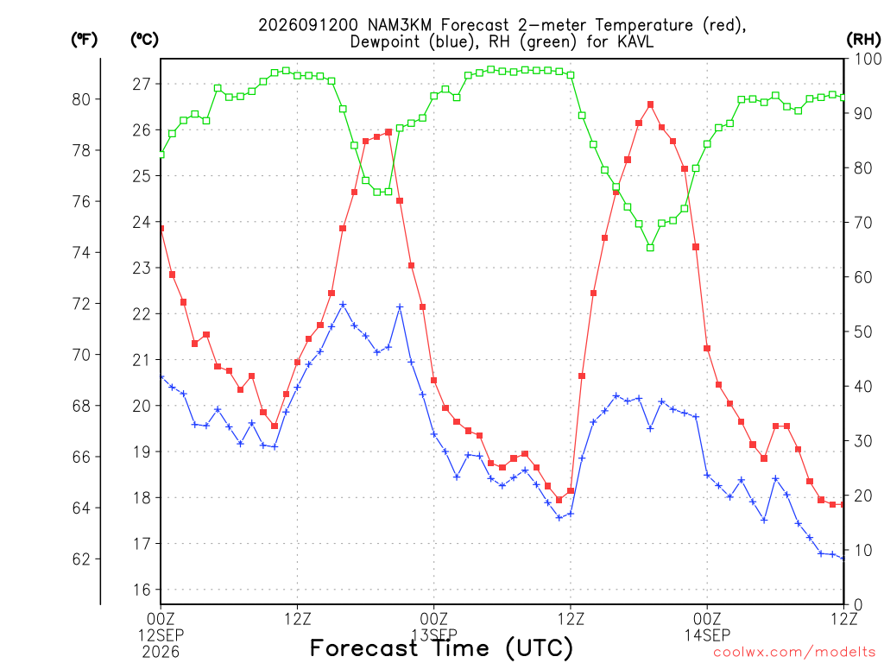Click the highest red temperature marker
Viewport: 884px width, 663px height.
pyautogui.click(x=651, y=104)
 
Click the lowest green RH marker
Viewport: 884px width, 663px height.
pyautogui.click(x=651, y=248)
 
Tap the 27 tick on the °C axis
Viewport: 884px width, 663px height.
pyautogui.click(x=142, y=84)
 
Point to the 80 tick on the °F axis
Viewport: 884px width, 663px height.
pyautogui.click(x=81, y=99)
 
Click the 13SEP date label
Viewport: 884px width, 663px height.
pyautogui.click(x=434, y=635)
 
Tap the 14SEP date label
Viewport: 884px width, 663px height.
pyautogui.click(x=708, y=635)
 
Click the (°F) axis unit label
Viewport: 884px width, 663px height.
pyautogui.click(x=84, y=40)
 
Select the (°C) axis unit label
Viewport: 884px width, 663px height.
pyautogui.click(x=144, y=40)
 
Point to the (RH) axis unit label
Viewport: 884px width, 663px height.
pyautogui.click(x=863, y=40)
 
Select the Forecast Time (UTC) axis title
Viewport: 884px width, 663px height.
pyautogui.click(x=441, y=648)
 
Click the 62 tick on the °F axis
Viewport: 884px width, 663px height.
pyautogui.click(x=81, y=559)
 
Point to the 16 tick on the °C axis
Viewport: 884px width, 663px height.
pyautogui.click(x=142, y=590)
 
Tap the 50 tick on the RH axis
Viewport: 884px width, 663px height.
pyautogui.click(x=863, y=331)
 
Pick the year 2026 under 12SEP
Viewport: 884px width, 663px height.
pyautogui.click(x=161, y=652)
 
